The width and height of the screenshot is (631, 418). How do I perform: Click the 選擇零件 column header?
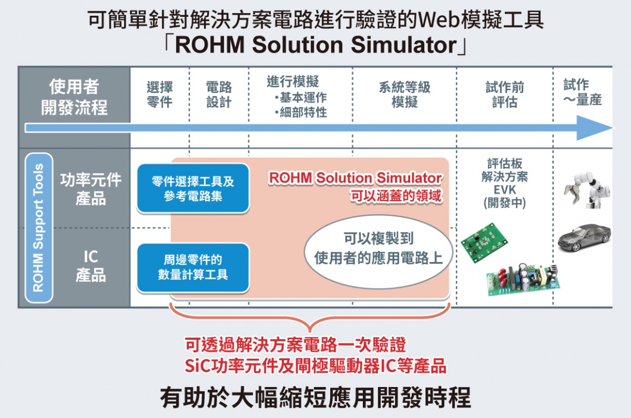click(160, 94)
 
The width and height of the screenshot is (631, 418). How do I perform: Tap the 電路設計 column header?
click(219, 94)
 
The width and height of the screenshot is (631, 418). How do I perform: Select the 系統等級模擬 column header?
click(405, 94)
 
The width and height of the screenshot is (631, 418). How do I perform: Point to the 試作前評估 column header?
click(504, 94)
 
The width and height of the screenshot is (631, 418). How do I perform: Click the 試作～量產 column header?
click(582, 92)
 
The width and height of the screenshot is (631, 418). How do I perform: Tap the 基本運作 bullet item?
click(302, 98)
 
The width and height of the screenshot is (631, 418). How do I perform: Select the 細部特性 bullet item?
click(302, 113)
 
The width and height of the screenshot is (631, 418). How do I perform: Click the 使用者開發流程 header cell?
click(75, 97)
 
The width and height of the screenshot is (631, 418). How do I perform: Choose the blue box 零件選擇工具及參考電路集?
click(193, 188)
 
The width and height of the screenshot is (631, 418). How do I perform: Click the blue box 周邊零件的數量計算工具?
click(193, 267)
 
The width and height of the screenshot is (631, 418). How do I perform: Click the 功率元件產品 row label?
click(91, 189)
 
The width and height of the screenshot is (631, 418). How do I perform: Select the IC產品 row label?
click(91, 265)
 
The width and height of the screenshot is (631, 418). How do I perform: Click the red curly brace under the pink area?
click(310, 321)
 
